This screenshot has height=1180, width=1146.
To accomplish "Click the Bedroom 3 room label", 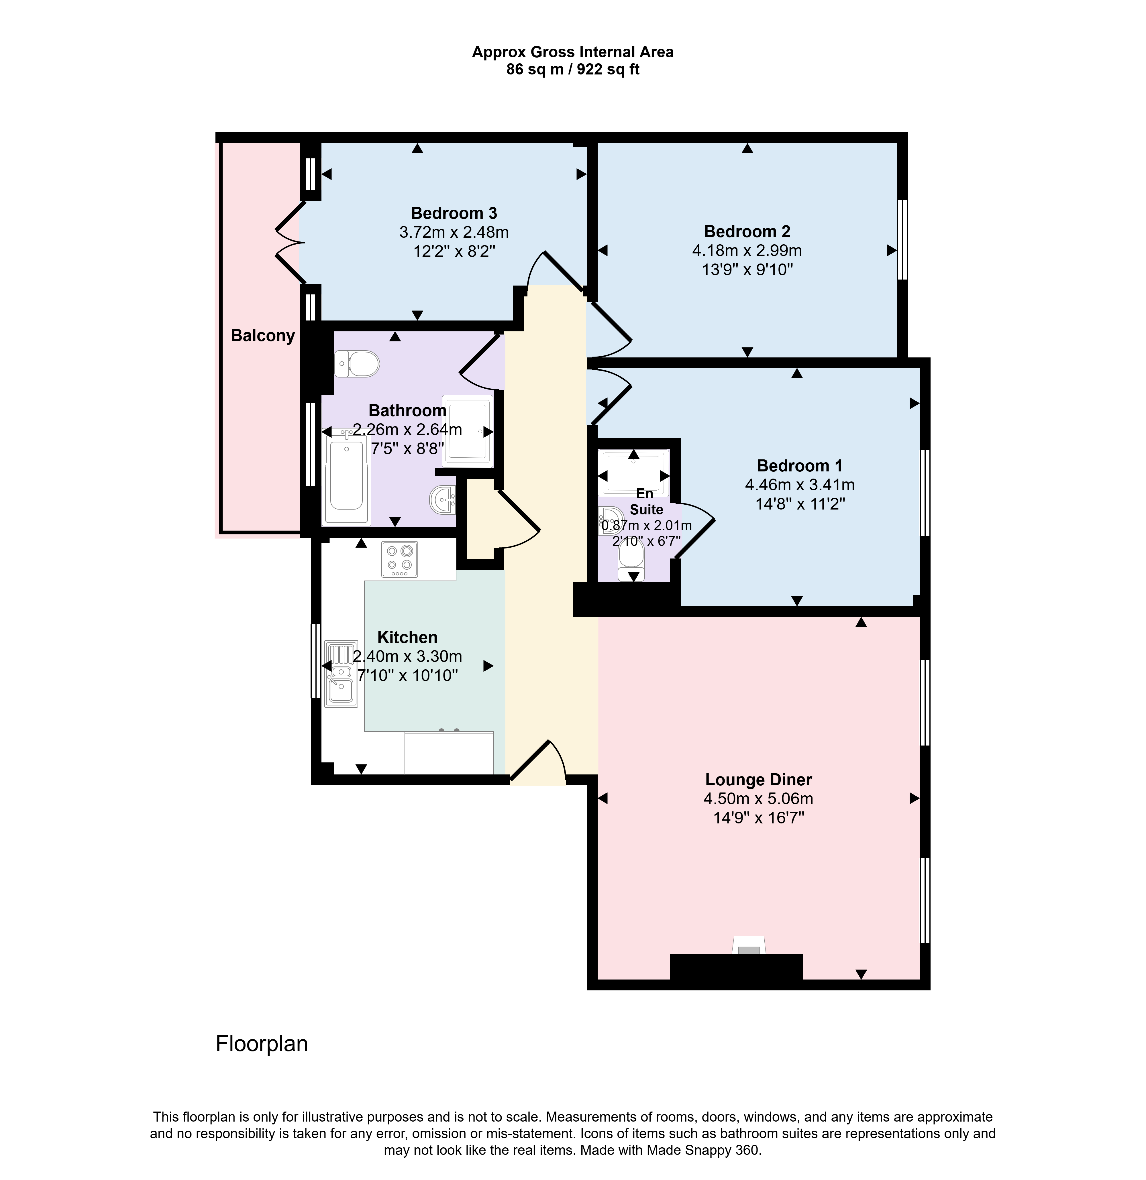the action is pos(454,213).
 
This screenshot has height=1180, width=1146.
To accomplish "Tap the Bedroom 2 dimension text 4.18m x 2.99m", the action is pos(747,250).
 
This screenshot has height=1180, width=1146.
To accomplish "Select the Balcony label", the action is pos(262,335).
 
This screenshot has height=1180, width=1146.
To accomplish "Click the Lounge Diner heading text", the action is pos(758,780).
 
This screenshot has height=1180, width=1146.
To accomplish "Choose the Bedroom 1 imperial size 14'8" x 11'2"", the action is pos(800,503).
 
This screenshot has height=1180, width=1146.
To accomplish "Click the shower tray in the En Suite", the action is pos(634,474).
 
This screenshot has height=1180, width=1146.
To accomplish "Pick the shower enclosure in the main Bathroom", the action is pos(467,431).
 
